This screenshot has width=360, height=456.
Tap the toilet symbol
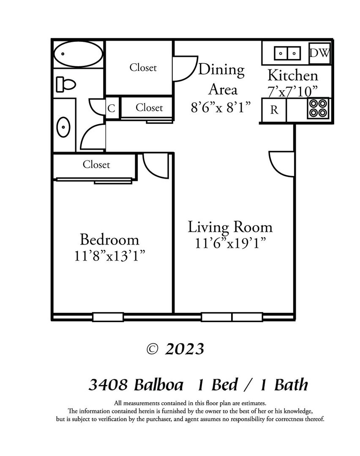[66, 84]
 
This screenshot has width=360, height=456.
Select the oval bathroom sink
[63, 127]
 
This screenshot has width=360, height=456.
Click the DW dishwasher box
[319, 53]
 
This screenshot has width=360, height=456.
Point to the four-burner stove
[318, 108]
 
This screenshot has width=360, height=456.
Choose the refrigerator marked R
[274, 110]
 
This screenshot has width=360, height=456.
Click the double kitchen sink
[287, 54]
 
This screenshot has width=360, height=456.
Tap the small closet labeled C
[112, 108]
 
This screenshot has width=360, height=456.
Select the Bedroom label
[109, 240]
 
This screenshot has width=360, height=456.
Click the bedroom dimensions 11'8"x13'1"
[110, 256]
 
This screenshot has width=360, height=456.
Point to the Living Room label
[230, 227]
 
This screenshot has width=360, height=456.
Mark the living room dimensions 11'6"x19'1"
[230, 243]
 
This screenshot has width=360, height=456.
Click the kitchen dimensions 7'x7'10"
[292, 92]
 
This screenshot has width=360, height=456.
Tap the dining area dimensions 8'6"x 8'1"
[221, 107]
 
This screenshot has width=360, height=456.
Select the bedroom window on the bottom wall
[108, 317]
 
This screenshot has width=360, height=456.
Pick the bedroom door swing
[155, 166]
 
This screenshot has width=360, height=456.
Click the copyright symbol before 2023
[152, 349]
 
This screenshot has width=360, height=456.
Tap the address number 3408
[108, 385]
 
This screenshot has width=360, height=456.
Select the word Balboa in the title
[158, 385]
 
